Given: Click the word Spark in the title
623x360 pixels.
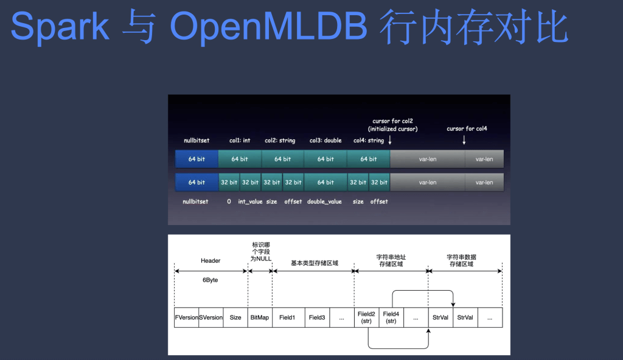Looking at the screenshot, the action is pos(60,27).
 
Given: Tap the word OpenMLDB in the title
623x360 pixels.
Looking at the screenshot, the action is pos(268,27).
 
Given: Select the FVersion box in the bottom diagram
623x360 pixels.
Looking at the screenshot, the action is pos(186,317).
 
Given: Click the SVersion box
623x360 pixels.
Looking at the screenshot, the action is pos(211,317).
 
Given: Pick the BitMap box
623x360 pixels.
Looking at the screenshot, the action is pos(260,317).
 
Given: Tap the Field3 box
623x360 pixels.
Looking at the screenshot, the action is pos(317,317).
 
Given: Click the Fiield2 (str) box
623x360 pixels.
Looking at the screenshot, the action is pos(366,317).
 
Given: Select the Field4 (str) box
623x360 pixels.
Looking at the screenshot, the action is pos(391,317).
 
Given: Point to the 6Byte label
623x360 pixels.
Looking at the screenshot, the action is pos(210,280).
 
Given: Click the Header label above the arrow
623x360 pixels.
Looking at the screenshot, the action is pos(211,261).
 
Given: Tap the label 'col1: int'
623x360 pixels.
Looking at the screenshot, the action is pos(240,140).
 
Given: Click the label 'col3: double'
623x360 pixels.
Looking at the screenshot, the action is pos(325,140).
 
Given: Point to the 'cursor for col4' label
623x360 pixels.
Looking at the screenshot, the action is pos(467,129).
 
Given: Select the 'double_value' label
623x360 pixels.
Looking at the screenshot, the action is pos(324,201).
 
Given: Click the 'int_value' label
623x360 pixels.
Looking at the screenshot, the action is pos(250,201).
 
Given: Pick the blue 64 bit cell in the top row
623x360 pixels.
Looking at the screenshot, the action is pos(197,159).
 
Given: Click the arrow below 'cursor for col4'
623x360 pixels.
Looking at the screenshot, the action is pos(464,140).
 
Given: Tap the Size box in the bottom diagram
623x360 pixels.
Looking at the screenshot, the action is pos(235,317).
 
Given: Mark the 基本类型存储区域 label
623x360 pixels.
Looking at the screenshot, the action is pos(315,263).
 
